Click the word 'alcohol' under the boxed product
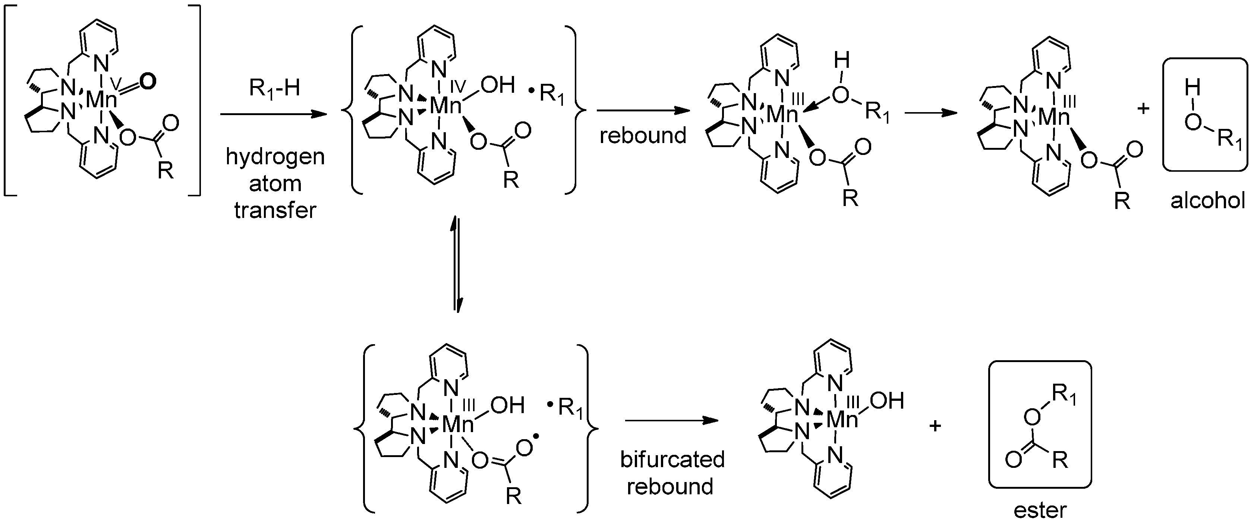tap(1208, 200)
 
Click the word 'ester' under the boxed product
tap(1040, 510)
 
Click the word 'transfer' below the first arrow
tap(275, 210)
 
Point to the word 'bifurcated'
tap(672, 459)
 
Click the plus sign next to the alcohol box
tap(1143, 108)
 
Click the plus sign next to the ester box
tap(935, 426)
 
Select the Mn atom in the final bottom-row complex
tap(842, 419)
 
